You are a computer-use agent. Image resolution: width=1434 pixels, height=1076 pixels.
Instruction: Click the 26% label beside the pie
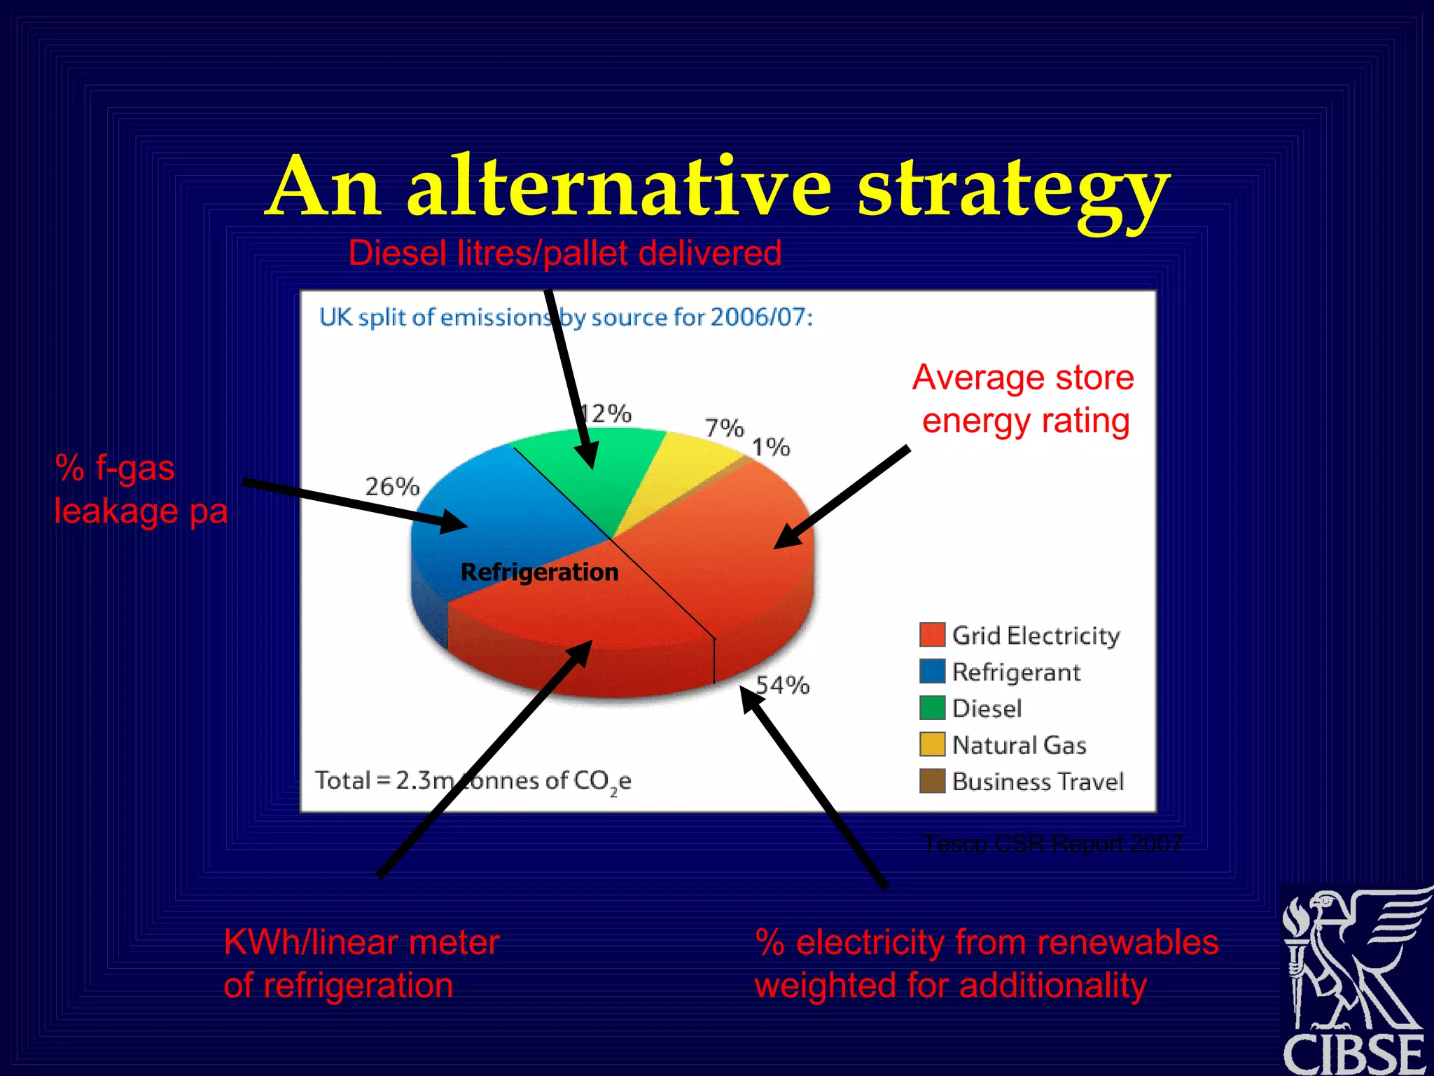click(x=392, y=486)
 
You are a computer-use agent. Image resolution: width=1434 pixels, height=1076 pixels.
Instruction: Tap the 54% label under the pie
click(x=783, y=684)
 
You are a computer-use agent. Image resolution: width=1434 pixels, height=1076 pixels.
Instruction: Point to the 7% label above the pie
click(x=724, y=427)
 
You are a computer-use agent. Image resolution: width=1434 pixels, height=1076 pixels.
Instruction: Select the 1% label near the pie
click(x=771, y=446)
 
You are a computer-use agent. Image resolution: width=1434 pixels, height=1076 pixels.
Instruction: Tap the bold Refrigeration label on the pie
click(x=539, y=572)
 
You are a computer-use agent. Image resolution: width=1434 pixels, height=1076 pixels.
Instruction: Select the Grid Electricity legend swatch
click(x=932, y=635)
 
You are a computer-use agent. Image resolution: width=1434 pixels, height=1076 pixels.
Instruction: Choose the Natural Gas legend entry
click(x=1019, y=745)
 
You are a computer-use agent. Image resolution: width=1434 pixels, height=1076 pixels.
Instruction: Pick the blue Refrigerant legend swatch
click(x=932, y=671)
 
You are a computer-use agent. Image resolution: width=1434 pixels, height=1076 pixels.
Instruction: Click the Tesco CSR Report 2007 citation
click(x=1053, y=843)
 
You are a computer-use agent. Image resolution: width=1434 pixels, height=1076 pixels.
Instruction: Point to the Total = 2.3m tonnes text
click(x=473, y=780)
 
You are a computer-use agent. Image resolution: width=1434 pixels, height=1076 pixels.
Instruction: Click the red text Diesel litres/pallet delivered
click(x=564, y=253)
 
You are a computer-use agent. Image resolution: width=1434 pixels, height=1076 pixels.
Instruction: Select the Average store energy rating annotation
click(x=1024, y=399)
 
